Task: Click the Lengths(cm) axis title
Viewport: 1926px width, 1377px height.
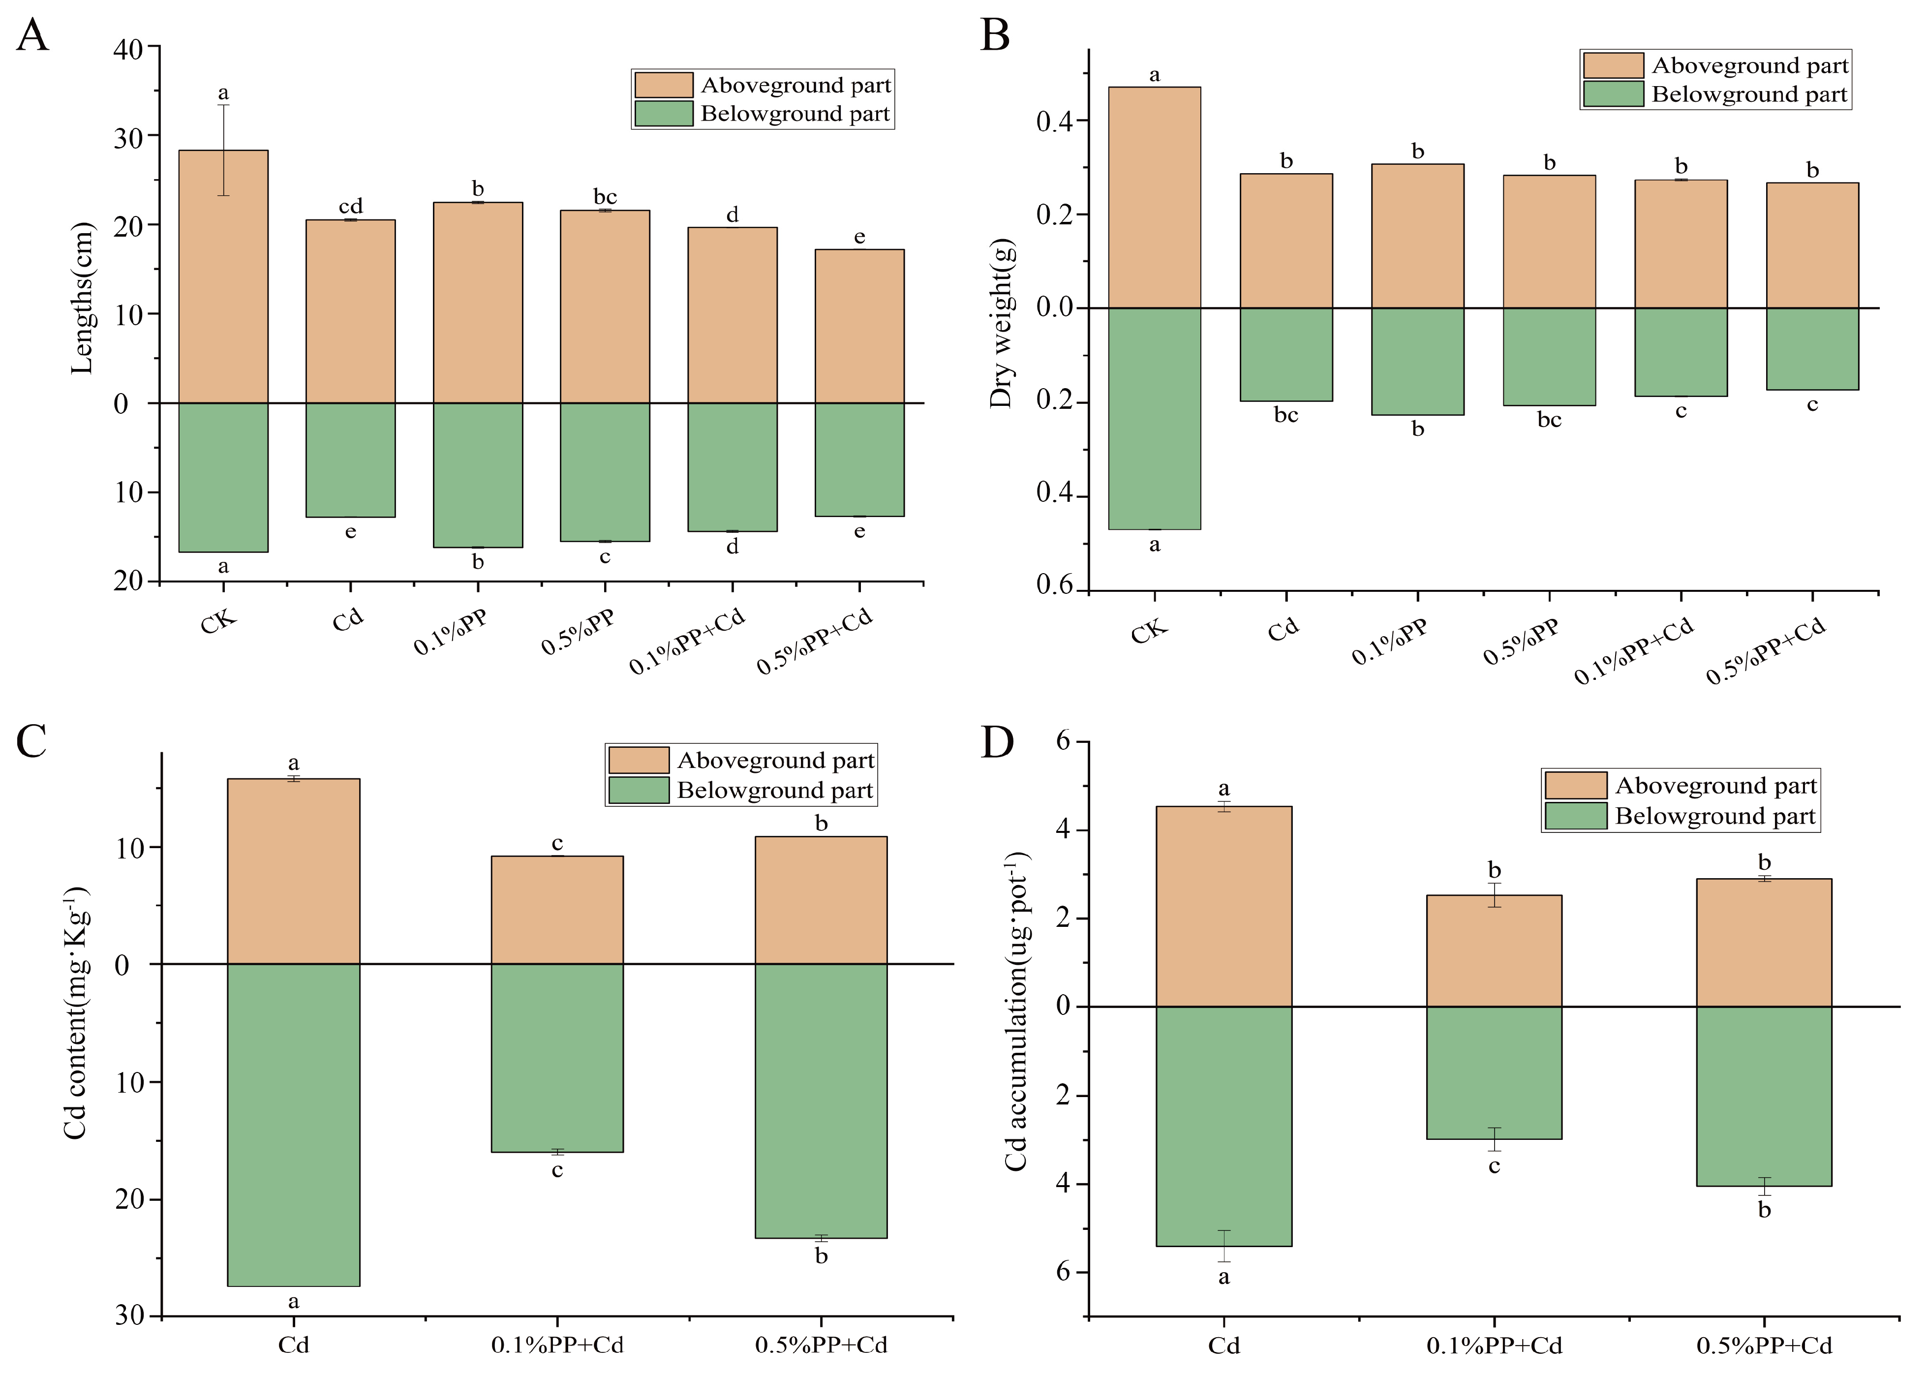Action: tap(82, 299)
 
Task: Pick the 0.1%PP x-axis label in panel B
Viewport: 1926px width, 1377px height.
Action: tap(1389, 642)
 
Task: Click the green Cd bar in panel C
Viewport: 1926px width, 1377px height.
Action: tap(293, 1124)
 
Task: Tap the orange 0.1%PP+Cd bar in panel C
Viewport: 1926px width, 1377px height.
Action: tap(557, 909)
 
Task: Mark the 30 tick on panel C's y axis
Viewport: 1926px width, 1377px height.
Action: tap(129, 1315)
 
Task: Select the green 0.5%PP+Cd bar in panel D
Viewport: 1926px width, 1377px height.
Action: tap(1763, 1096)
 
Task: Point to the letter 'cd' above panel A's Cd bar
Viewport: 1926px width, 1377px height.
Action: tap(350, 206)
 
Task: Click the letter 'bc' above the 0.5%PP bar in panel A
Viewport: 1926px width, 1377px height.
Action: tap(605, 197)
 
